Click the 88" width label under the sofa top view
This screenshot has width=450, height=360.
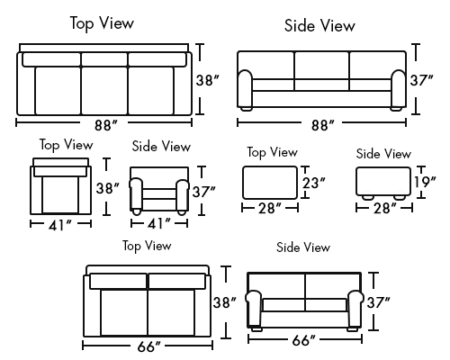point(106,125)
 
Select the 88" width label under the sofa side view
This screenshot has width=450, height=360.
point(322,125)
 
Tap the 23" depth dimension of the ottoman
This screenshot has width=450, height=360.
point(314,183)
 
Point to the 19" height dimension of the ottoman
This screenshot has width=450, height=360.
point(425,182)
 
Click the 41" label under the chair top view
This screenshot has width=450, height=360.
point(60,225)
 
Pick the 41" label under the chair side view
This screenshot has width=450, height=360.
point(159,223)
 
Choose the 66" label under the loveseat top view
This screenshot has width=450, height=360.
point(149,346)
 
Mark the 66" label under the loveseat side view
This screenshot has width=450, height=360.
point(304,340)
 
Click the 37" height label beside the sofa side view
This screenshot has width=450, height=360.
point(422,80)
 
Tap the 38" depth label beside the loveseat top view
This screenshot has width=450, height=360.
point(225,302)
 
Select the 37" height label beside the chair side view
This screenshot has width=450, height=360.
point(204,192)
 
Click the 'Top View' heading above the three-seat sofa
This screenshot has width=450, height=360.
point(102,23)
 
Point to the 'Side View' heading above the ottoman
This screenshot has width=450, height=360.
point(383,154)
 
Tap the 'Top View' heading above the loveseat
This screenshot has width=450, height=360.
point(147,246)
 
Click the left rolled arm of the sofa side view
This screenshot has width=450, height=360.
point(246,90)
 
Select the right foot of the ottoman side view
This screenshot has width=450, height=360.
point(400,198)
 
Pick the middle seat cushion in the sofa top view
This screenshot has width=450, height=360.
point(104,91)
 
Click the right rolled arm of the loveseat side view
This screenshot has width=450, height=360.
point(355,309)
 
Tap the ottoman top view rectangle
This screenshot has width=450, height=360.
point(270,183)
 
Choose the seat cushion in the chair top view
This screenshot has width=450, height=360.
point(60,195)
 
